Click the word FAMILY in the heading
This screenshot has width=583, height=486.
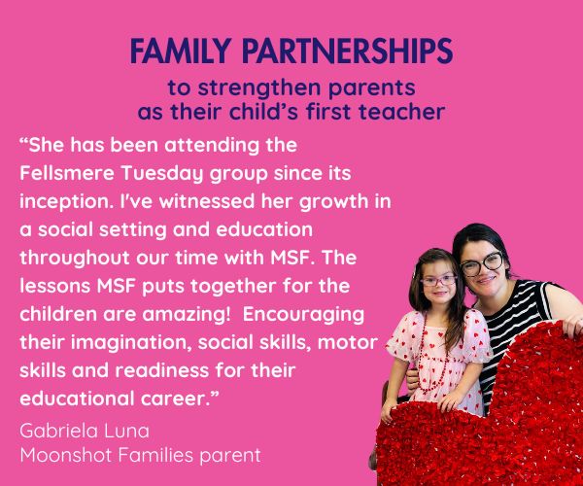click(181, 51)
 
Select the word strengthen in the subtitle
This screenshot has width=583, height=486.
click(259, 88)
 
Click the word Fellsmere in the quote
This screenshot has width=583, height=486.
click(67, 173)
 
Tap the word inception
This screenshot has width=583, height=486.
click(66, 202)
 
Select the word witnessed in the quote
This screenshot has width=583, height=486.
click(207, 201)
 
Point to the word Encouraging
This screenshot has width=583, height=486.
click(303, 316)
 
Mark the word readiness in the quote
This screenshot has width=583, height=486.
click(161, 370)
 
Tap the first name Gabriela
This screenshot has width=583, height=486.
click(58, 431)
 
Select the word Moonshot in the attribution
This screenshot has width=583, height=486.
click(61, 455)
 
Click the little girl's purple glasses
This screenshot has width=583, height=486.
click(439, 281)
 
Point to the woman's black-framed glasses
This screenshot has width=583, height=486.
click(482, 263)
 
